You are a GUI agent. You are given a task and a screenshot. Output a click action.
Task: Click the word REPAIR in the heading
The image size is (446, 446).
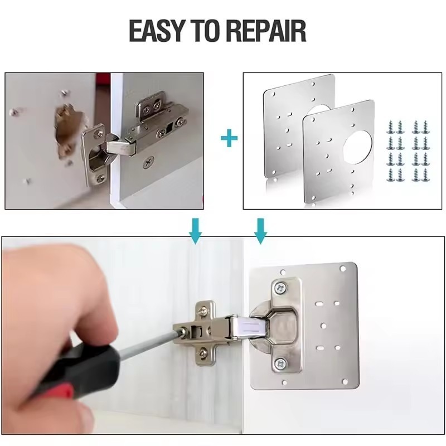click(x=269, y=32)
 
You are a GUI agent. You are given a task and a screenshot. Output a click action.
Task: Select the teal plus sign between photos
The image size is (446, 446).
click(x=229, y=139)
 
